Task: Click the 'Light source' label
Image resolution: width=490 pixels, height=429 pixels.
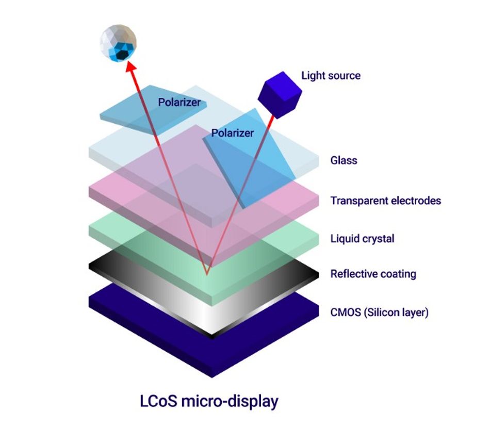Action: (x=331, y=76)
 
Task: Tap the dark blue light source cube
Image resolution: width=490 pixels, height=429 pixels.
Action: (x=280, y=95)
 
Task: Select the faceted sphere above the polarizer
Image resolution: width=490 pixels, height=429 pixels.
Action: (x=118, y=43)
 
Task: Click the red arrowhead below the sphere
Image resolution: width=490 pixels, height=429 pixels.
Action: (x=130, y=66)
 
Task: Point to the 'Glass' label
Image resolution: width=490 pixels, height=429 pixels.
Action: (x=344, y=160)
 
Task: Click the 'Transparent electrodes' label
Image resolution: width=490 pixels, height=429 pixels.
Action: (x=386, y=201)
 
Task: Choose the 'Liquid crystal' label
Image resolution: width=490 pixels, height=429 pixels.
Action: (x=362, y=239)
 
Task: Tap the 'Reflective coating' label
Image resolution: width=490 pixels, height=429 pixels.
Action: (x=373, y=274)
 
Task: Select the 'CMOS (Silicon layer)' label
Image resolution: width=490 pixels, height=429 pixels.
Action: (x=379, y=312)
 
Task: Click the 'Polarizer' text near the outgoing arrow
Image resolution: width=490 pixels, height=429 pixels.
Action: (x=179, y=102)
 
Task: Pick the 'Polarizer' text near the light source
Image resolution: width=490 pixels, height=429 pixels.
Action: (x=233, y=133)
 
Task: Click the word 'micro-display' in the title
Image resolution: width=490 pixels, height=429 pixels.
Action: (x=230, y=402)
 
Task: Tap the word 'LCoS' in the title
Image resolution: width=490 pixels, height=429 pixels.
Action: (x=158, y=401)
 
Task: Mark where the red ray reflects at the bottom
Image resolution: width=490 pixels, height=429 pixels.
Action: (x=206, y=274)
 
